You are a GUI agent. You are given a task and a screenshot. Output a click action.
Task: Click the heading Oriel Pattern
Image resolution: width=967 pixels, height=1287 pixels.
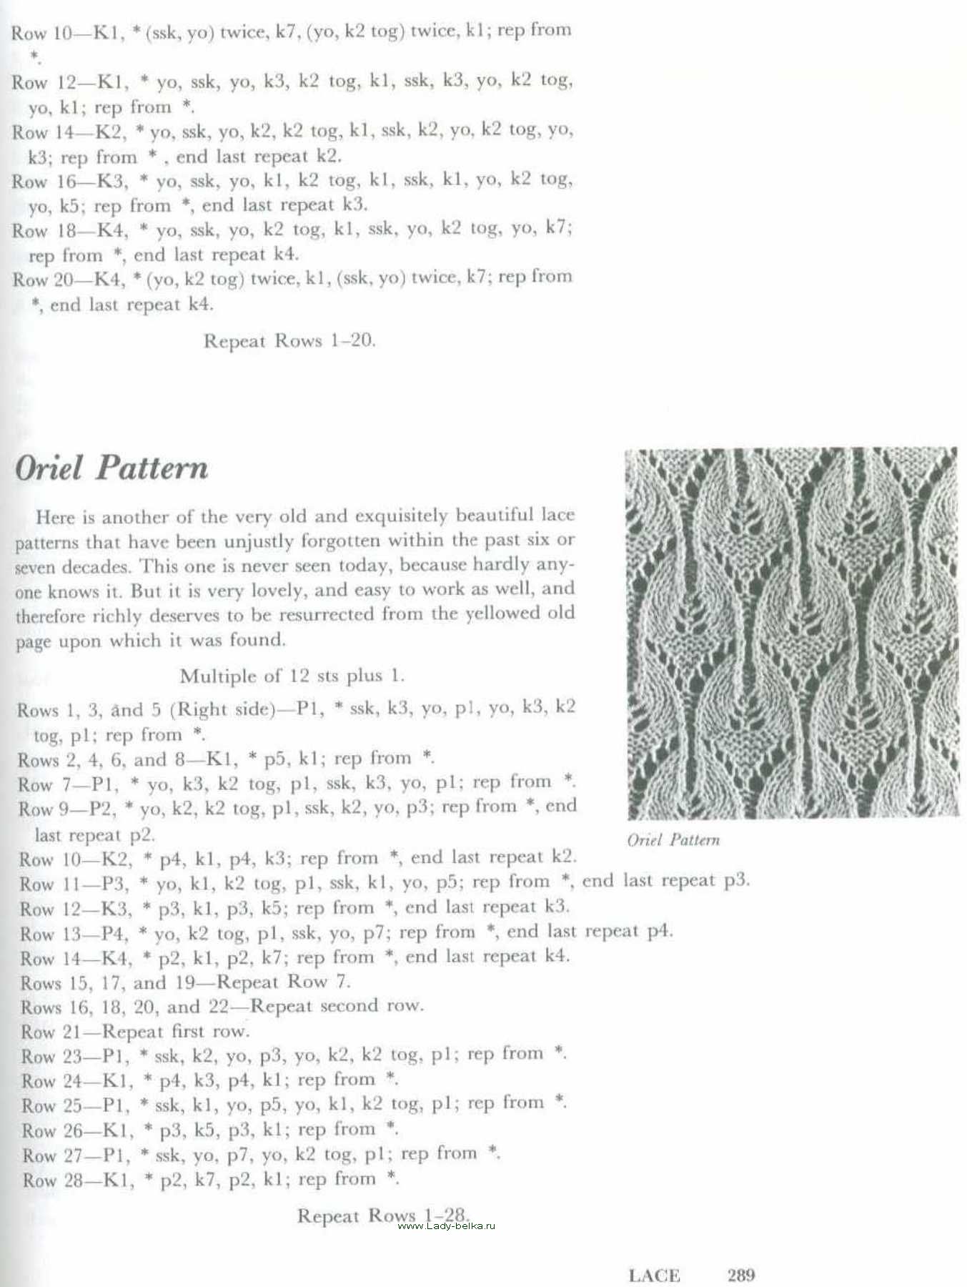coord(111,468)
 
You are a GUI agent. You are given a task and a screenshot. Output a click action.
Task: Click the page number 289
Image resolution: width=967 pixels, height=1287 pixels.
coord(741,1274)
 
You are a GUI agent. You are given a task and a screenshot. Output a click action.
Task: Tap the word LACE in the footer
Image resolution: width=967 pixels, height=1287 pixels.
coord(654,1275)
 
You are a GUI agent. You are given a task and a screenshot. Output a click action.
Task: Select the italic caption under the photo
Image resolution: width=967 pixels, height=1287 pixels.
coord(673,840)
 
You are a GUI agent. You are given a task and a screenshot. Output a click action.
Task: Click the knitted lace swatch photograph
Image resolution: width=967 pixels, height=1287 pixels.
coord(791,633)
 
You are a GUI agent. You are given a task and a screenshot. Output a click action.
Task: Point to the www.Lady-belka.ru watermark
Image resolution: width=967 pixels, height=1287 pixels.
coord(446,1226)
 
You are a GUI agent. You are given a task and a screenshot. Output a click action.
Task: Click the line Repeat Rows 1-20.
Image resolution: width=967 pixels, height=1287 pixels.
coord(289,340)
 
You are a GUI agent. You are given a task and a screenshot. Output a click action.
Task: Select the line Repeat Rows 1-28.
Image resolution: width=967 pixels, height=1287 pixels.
coord(383,1215)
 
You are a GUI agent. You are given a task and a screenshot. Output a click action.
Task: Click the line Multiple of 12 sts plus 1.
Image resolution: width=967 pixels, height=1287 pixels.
coord(292,676)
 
